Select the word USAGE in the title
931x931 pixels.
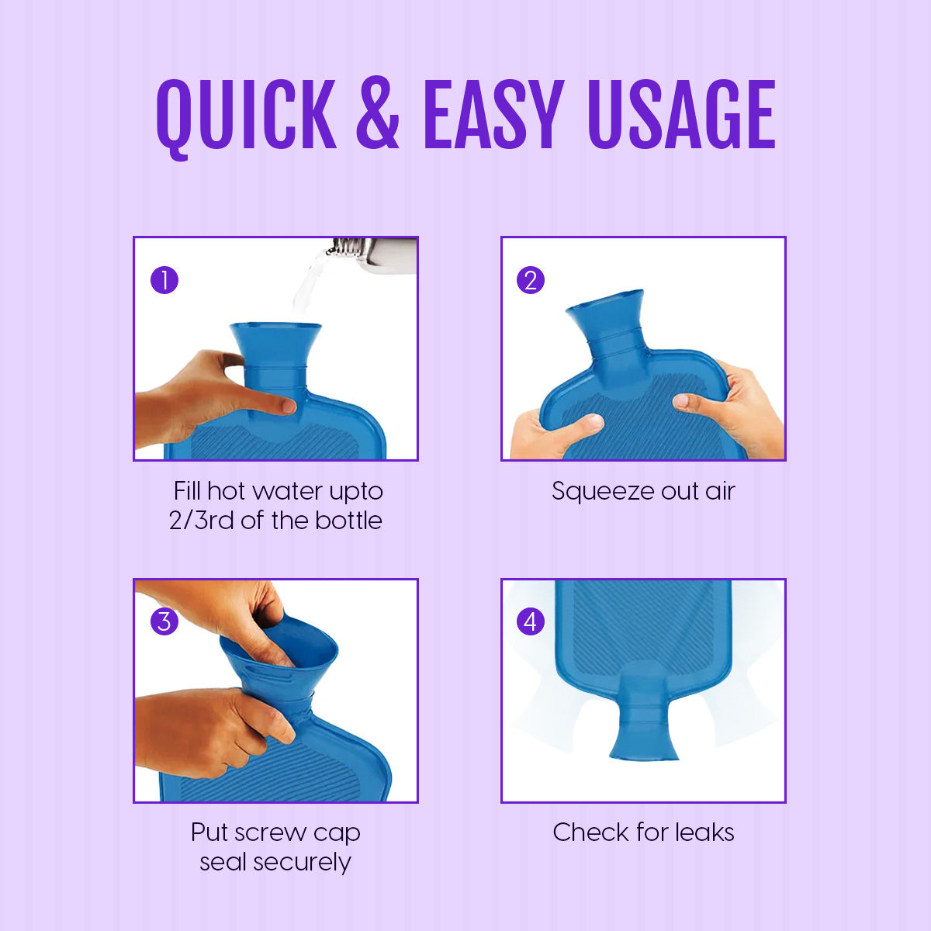click(680, 115)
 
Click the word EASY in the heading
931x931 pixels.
click(493, 115)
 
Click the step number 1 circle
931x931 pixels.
click(164, 279)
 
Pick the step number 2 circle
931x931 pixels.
click(531, 279)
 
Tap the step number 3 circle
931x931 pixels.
click(164, 621)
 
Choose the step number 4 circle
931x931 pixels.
click(531, 621)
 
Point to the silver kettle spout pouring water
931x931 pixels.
click(372, 253)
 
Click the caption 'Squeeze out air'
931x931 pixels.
click(643, 491)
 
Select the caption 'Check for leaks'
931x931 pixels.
click(643, 832)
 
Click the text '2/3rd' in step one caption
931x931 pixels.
click(201, 521)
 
